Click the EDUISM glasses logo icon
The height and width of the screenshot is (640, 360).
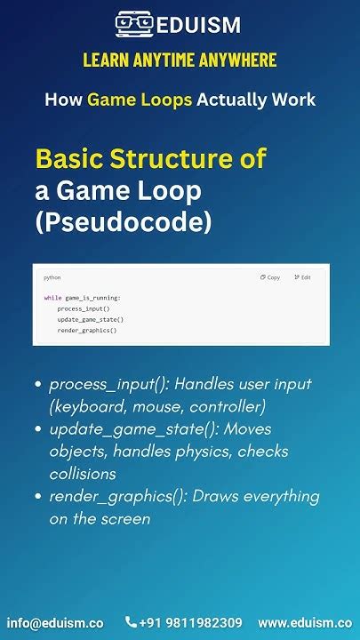tap(134, 25)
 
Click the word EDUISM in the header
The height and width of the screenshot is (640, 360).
tap(198, 26)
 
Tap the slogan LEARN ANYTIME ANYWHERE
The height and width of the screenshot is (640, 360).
tap(180, 60)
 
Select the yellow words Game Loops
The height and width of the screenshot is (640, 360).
tap(140, 100)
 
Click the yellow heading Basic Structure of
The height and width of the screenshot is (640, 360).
tap(150, 159)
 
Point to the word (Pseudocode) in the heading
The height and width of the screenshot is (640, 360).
tap(124, 221)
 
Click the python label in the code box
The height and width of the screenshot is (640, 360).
tap(52, 277)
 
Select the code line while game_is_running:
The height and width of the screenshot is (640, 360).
tap(82, 298)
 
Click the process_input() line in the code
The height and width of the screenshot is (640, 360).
tap(84, 308)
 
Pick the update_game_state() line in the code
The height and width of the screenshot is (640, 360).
tap(90, 319)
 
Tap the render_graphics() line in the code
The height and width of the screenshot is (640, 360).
tap(87, 330)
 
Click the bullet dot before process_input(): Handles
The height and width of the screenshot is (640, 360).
tap(37, 385)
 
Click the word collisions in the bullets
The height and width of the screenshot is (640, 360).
tap(83, 474)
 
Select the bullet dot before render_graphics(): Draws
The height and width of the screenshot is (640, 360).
tap(37, 497)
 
